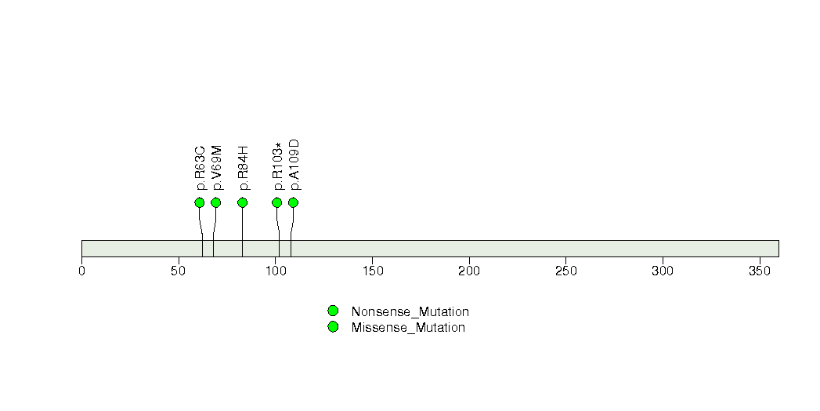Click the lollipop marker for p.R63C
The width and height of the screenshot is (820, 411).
pos(199,202)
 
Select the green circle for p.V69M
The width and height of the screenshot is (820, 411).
pos(216,202)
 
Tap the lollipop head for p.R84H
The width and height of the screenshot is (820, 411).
pos(242,202)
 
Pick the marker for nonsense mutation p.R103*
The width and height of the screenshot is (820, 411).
pos(277,202)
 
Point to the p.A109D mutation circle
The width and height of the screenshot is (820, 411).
pos(294,202)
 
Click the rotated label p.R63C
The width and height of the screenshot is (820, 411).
pos(200,168)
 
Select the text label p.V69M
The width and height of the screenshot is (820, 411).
pos(217,168)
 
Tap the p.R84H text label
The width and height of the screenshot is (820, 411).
pos(243,168)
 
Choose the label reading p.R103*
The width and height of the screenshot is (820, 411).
pos(278,166)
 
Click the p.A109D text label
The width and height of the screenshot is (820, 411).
pos(294,165)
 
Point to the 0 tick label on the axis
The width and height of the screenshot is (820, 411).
pos(81,271)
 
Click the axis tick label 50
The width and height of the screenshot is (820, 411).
pos(179,271)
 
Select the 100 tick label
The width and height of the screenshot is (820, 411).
pos(276,271)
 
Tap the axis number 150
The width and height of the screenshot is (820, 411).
pos(372,271)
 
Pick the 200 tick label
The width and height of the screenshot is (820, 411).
pos(469,271)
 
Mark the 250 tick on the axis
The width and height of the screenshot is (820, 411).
pos(565,271)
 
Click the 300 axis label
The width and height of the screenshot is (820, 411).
pos(663,271)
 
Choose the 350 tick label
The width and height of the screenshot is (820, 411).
pos(760,271)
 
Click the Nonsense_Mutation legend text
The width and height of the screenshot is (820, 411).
pos(410,312)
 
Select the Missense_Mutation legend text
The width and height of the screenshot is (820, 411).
pos(408,328)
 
